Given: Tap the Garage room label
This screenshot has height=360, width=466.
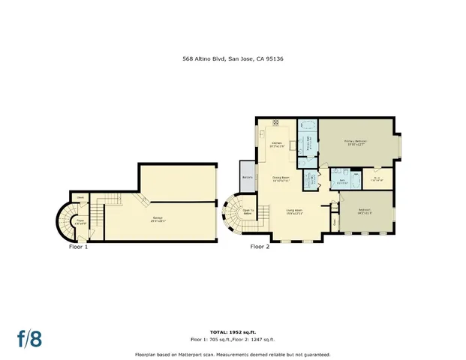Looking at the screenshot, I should [x=158, y=219].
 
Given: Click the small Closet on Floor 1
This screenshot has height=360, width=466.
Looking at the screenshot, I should [x=79, y=199].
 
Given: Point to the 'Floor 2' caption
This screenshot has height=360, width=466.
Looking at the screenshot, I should [x=259, y=246].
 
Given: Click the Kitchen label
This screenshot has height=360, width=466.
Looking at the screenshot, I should [x=278, y=145].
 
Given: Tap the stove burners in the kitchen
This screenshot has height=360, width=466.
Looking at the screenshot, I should [x=276, y=122].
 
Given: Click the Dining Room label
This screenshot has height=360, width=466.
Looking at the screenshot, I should [x=281, y=178].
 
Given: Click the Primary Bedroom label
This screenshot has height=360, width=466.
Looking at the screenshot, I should [x=354, y=142].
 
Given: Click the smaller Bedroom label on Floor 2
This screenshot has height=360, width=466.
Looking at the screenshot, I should [x=365, y=211].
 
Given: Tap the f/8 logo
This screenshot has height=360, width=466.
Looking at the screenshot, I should [x=30, y=337].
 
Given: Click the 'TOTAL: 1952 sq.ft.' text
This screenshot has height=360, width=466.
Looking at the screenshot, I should [x=233, y=331].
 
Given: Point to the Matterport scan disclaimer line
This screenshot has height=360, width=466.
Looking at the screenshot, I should [x=233, y=354].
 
